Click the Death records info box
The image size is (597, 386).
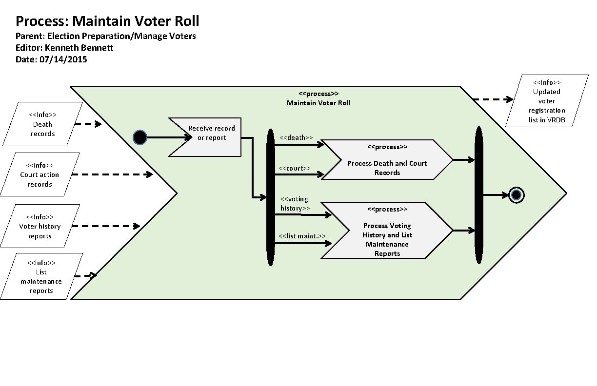click(42, 124)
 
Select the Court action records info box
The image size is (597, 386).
click(40, 174)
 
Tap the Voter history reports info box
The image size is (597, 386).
click(40, 227)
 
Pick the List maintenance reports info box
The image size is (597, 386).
click(41, 276)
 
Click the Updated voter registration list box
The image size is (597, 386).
click(547, 101)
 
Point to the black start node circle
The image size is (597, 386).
click(140, 138)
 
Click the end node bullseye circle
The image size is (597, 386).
click(516, 195)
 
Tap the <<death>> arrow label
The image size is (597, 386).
click(296, 138)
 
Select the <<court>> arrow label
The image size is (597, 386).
click(295, 168)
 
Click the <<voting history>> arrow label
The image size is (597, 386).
click(295, 204)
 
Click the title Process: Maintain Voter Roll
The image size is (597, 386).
click(107, 21)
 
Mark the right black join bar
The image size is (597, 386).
click(478, 195)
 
